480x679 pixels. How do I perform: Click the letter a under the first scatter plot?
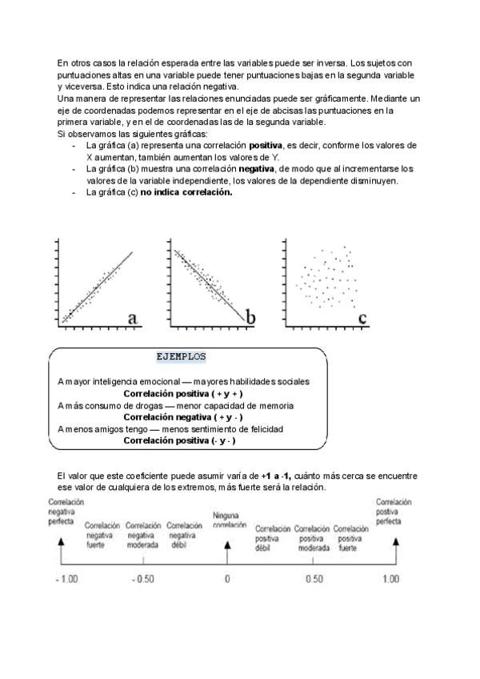[x=133, y=319]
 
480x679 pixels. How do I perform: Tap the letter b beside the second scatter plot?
[x=250, y=318]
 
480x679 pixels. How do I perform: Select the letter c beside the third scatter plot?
[x=362, y=319]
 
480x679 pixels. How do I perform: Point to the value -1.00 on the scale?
[x=66, y=579]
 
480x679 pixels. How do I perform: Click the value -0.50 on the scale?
[x=144, y=579]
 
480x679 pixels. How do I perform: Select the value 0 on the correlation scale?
[x=227, y=579]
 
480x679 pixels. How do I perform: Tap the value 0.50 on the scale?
[x=314, y=579]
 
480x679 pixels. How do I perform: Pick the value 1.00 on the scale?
[x=390, y=579]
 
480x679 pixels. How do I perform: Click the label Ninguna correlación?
[x=230, y=519]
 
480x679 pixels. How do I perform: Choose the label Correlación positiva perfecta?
[x=394, y=511]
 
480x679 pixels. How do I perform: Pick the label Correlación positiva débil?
[x=272, y=538]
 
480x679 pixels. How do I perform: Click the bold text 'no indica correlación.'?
[x=186, y=191]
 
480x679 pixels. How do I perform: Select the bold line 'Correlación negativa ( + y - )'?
[x=183, y=417]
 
